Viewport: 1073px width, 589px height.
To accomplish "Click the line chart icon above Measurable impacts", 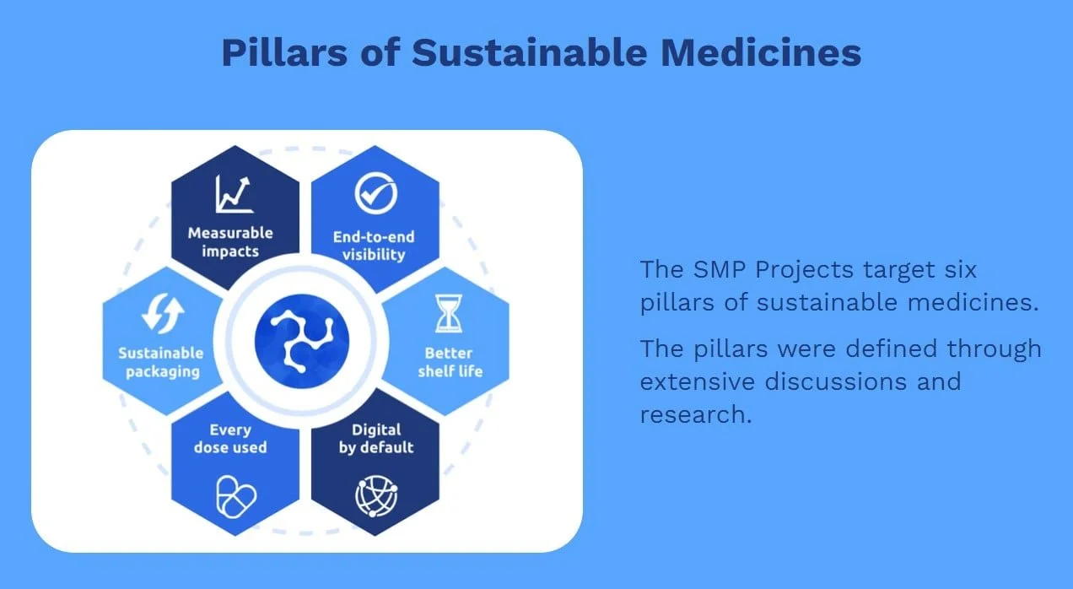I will tap(234, 193).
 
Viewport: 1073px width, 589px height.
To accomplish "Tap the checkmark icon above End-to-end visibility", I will tap(374, 193).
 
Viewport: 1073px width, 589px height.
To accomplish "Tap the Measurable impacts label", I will tap(230, 241).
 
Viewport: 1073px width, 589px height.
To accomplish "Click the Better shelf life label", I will tap(448, 361).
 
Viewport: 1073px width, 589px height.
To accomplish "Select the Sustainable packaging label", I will tap(161, 362).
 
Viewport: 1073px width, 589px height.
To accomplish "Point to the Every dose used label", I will tap(230, 438).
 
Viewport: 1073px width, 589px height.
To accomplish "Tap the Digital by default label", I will tap(376, 438).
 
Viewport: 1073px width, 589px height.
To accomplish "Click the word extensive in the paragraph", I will tap(697, 381).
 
